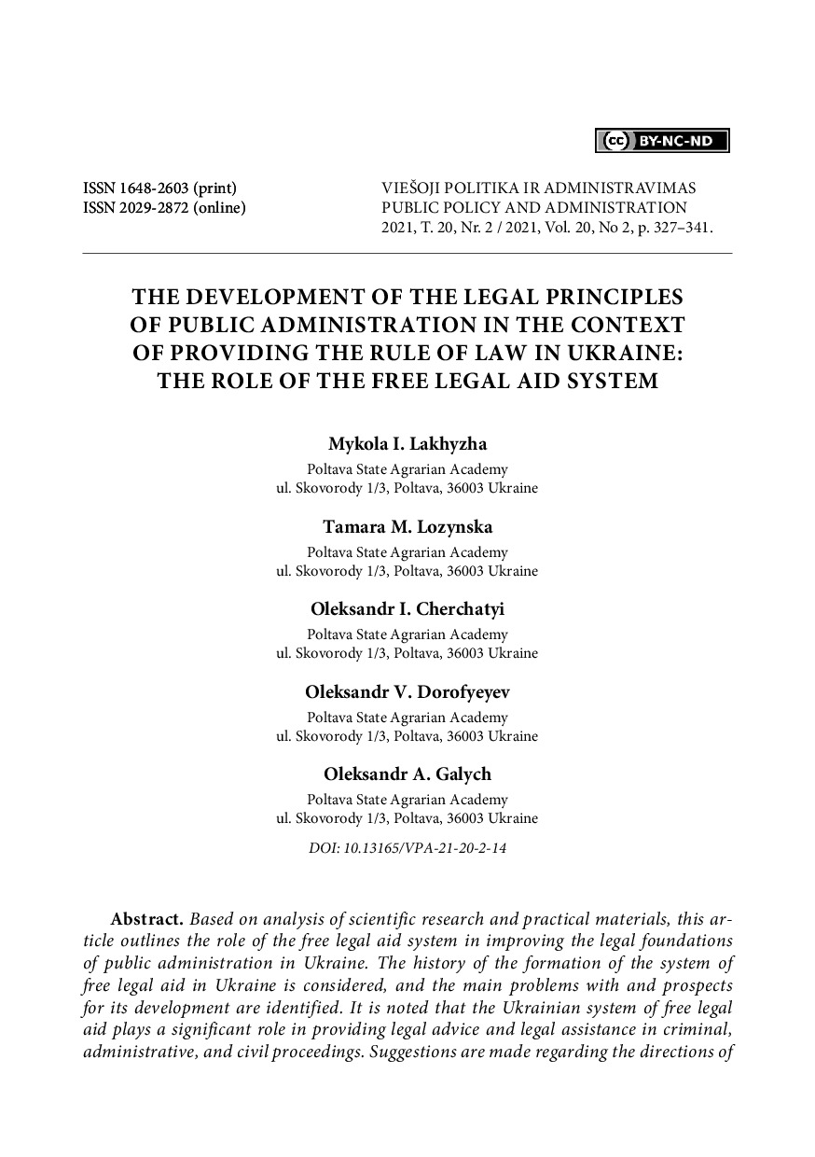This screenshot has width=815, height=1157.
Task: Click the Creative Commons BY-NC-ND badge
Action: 662,141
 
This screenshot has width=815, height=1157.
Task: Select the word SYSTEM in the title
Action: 610,381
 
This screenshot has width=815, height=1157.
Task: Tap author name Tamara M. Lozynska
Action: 407,527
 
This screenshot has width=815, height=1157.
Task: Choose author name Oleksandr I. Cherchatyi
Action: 407,609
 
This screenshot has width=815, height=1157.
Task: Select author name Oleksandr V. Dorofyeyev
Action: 407,691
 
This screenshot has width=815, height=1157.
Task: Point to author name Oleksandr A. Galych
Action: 407,774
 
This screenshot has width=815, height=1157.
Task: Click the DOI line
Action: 407,849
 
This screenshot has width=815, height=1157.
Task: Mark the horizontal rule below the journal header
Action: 407,253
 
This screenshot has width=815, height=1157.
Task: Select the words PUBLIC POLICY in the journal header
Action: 432,207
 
